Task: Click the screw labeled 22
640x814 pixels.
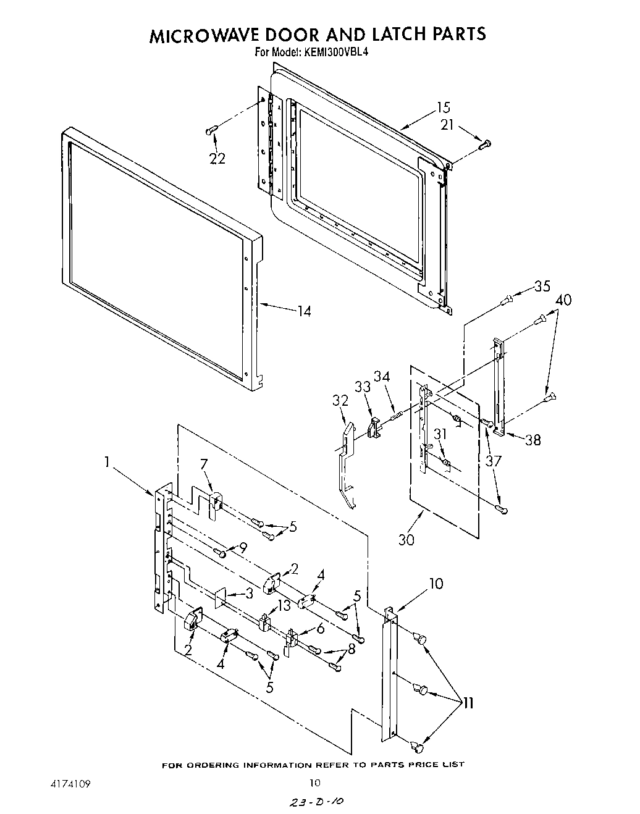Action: (x=212, y=130)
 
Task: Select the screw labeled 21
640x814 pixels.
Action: (x=484, y=145)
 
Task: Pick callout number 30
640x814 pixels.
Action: (x=406, y=539)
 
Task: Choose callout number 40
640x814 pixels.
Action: (x=563, y=300)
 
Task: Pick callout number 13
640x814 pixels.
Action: (x=284, y=606)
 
